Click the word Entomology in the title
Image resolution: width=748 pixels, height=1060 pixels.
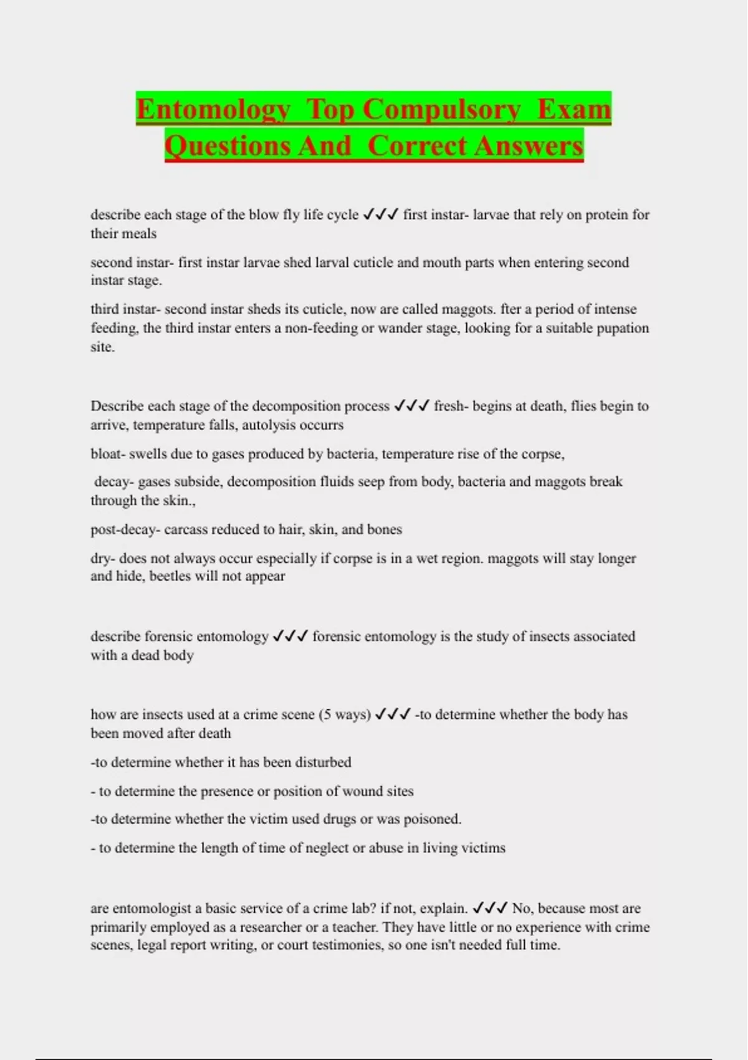tap(213, 110)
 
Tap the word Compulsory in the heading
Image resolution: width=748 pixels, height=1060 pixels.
tap(441, 110)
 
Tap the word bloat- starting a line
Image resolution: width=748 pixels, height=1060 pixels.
tap(108, 454)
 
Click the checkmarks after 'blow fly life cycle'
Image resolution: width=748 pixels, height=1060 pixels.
tap(380, 215)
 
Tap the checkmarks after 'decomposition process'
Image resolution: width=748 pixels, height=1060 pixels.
tap(411, 407)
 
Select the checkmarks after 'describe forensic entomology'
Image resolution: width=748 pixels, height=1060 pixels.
tap(290, 637)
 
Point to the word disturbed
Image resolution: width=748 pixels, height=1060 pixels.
tap(323, 762)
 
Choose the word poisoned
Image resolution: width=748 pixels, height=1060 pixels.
tap(433, 819)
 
